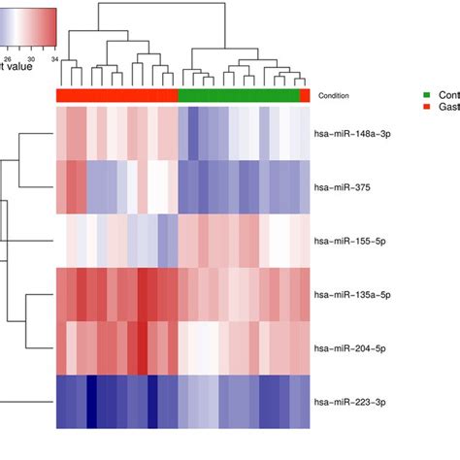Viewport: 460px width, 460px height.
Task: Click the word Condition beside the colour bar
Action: pos(334,96)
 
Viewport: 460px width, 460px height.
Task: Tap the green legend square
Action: pos(426,94)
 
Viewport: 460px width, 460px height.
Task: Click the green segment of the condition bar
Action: pos(239,95)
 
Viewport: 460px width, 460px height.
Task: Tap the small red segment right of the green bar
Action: pos(305,95)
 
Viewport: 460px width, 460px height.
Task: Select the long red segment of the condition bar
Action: pos(117,95)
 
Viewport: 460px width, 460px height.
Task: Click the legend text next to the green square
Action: pos(447,94)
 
